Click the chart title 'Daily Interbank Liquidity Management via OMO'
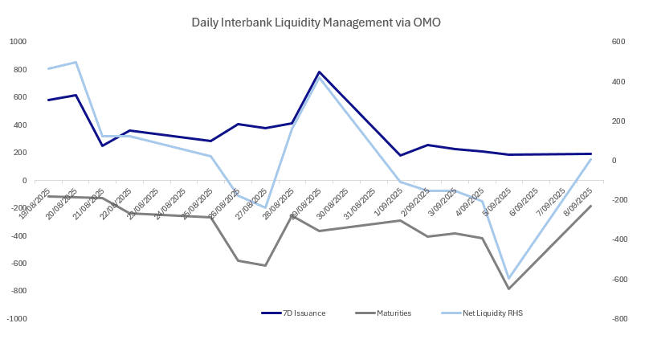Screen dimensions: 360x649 tap(316, 22)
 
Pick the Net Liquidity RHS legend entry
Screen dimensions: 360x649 tap(497, 313)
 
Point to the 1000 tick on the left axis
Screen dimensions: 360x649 tap(18, 42)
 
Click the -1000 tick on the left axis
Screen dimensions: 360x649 tap(16, 319)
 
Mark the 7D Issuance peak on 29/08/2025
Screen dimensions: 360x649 tap(320, 72)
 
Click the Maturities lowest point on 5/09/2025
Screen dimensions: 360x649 tap(508, 288)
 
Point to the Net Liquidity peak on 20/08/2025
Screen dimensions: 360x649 tap(76, 62)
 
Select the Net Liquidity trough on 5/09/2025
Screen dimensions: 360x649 tap(508, 278)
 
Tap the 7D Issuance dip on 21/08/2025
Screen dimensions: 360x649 tap(102, 145)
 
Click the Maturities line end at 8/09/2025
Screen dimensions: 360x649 tap(590, 206)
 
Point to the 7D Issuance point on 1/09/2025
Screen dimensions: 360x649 tap(400, 155)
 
